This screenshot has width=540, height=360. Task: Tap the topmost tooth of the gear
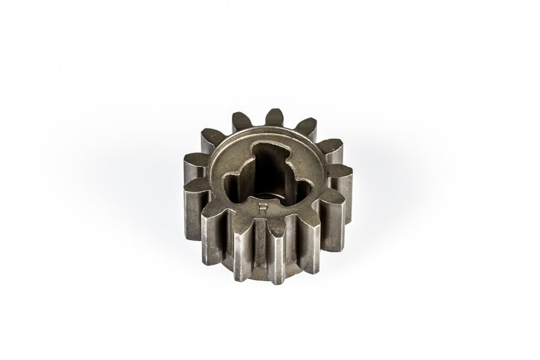coord(274,117)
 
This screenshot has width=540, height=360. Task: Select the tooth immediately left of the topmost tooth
coord(242,121)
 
